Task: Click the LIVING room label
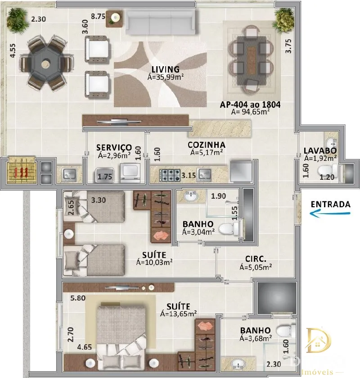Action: tap(166, 69)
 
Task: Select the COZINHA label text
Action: tap(207, 145)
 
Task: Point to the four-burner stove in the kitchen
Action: tap(170, 175)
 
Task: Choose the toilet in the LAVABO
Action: tap(328, 170)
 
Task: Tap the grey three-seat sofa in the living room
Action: tap(161, 23)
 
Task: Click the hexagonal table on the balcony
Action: tap(45, 63)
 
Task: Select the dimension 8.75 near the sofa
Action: tap(98, 16)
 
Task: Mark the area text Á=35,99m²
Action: tap(166, 77)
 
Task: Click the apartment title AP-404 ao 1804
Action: tap(250, 105)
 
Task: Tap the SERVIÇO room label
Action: tap(114, 147)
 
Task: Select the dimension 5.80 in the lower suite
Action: tap(78, 298)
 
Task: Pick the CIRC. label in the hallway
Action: tap(256, 259)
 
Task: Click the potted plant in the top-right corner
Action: tap(283, 20)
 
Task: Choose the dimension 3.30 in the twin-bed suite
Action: tap(98, 200)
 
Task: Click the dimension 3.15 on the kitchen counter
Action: tap(189, 175)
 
